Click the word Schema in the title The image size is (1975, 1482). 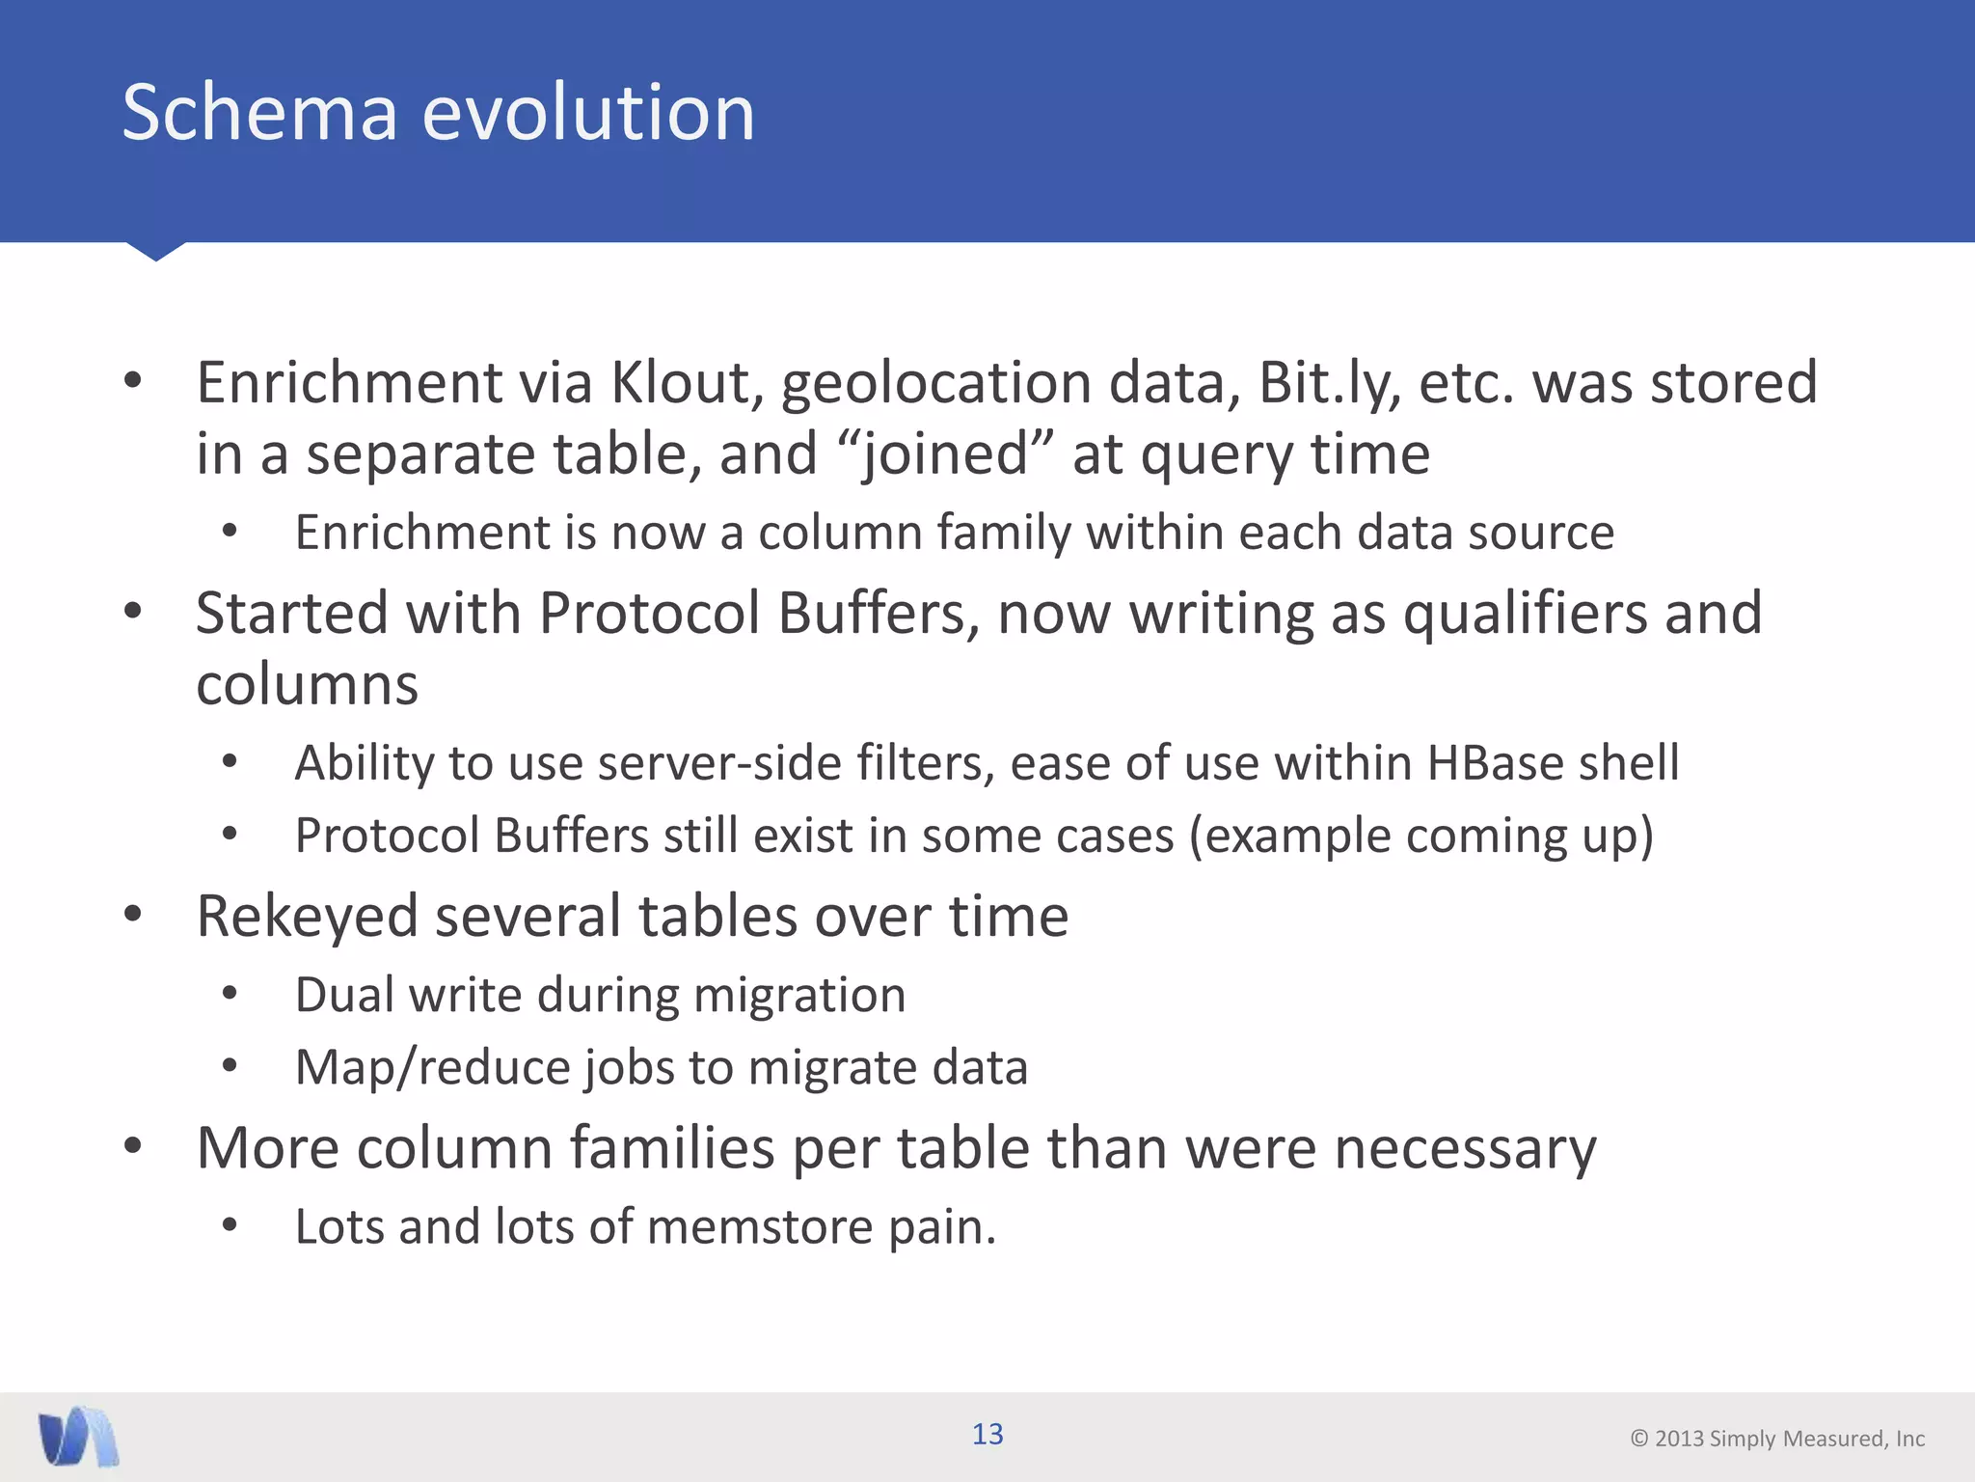tap(259, 113)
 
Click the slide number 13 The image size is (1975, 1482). tap(987, 1435)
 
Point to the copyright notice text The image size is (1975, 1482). tap(1776, 1439)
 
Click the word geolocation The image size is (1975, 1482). tap(934, 384)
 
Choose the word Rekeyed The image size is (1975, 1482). tap(307, 917)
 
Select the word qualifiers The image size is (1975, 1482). tap(1525, 614)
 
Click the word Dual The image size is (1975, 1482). tap(342, 995)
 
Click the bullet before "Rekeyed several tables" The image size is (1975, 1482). tap(133, 914)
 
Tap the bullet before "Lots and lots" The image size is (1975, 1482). tap(230, 1225)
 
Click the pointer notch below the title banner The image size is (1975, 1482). tap(155, 251)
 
